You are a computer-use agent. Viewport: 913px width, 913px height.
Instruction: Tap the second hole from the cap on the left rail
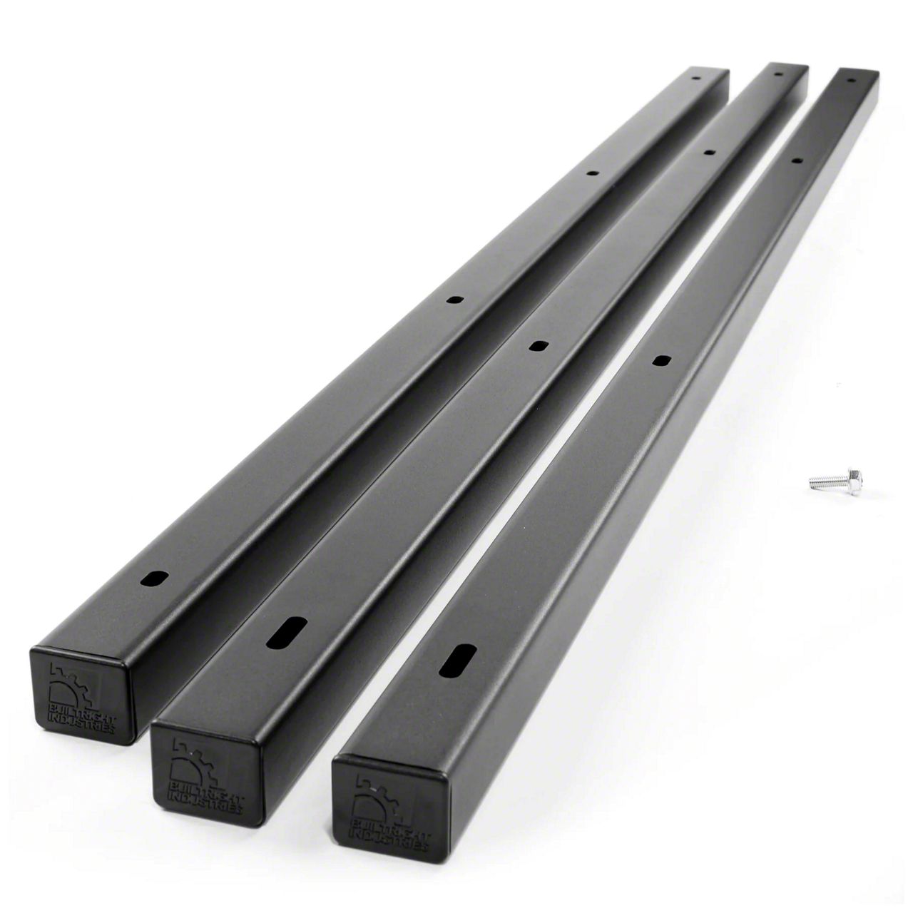pyautogui.click(x=453, y=301)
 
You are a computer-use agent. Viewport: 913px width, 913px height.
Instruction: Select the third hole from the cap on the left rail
pyautogui.click(x=591, y=173)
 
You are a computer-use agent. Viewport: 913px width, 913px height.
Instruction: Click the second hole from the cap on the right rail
pyautogui.click(x=660, y=361)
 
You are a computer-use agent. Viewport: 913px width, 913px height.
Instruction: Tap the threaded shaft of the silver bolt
pyautogui.click(x=825, y=482)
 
